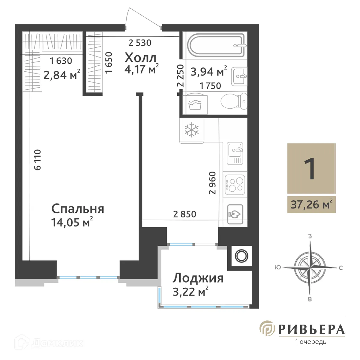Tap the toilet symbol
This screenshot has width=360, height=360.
tap(234, 101)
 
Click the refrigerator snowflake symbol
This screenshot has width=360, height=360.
tap(192, 130)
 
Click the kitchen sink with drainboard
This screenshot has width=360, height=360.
tap(235, 153)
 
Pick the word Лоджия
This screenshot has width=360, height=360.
tap(198, 278)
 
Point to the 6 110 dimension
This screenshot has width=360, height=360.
tap(37, 160)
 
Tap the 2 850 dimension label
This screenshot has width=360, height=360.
tap(185, 214)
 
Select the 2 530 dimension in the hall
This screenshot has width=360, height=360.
tap(140, 43)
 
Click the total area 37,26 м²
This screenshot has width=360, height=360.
tap(311, 205)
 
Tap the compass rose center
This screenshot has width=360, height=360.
tap(310, 267)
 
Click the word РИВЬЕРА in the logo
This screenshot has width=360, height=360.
tap(311, 329)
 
